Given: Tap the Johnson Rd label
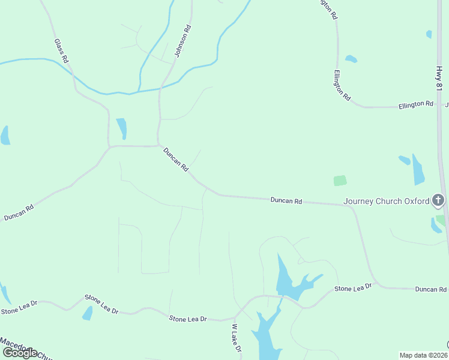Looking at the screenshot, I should (x=182, y=41).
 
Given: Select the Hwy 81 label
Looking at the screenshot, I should (x=439, y=79).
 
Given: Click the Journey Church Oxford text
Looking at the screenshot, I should (x=387, y=201).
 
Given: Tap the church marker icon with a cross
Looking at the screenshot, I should (x=439, y=200).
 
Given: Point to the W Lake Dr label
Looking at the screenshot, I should (x=237, y=338).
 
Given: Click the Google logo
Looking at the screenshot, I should (x=20, y=353).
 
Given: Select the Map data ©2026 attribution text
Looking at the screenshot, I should (x=424, y=355).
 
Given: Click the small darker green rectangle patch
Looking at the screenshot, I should (x=340, y=180).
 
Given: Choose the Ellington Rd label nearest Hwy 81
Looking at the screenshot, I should (x=416, y=104).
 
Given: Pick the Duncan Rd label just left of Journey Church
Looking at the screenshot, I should (x=286, y=200).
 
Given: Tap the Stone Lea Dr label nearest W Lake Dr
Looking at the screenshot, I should (x=187, y=319).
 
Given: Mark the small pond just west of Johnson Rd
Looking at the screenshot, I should (x=121, y=128).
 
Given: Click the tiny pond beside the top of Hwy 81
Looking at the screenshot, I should (x=429, y=34).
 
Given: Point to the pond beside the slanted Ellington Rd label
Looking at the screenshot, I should (x=351, y=59).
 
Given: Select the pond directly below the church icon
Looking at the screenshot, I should (x=436, y=226).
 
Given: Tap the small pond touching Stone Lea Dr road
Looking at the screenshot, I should (x=88, y=313).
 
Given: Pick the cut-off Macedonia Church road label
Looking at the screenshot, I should (x=26, y=349).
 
